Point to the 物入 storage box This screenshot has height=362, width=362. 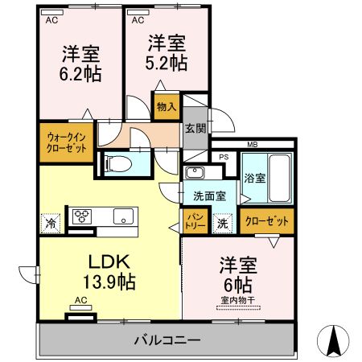click(167, 106)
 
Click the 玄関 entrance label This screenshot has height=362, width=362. click(195, 127)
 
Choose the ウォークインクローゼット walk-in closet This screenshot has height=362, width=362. click(66, 143)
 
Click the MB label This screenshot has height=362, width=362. click(252, 145)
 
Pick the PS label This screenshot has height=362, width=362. click(224, 158)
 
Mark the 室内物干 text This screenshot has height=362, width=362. click(237, 302)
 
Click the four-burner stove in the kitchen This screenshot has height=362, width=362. click(84, 216)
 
